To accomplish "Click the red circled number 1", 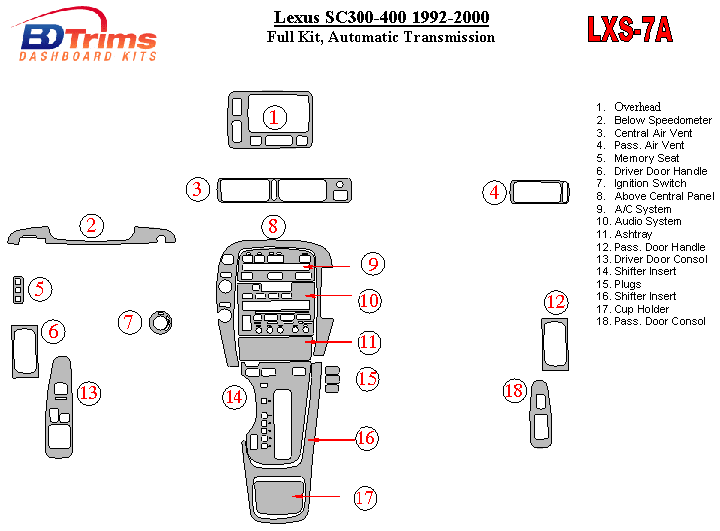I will pos(272,118).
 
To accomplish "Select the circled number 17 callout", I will pos(364,497).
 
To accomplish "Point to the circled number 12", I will pos(555,302).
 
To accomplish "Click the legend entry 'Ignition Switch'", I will pos(649,183).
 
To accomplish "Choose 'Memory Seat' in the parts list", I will pos(646,158).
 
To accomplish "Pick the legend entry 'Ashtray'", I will pos(633,234).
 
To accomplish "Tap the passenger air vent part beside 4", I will pos(539,193).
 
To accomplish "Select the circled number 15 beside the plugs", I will pos(367,379).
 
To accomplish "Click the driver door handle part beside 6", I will pos(23,351).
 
